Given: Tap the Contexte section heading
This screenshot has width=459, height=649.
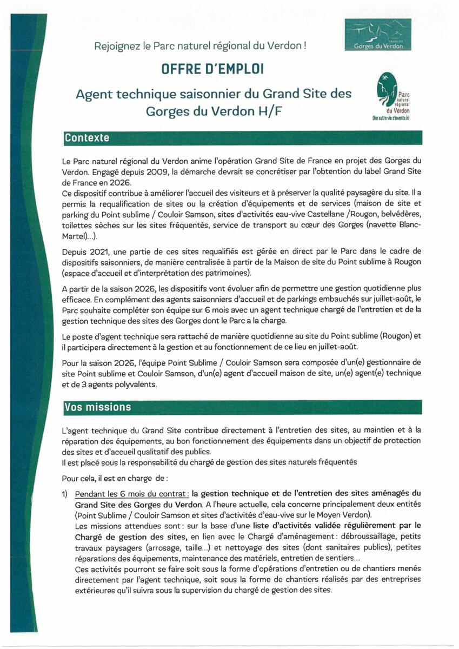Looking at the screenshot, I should coord(87,138).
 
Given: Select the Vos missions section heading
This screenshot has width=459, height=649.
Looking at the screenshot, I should coord(97,407).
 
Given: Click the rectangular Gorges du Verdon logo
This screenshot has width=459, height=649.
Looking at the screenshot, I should coord(378,35).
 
